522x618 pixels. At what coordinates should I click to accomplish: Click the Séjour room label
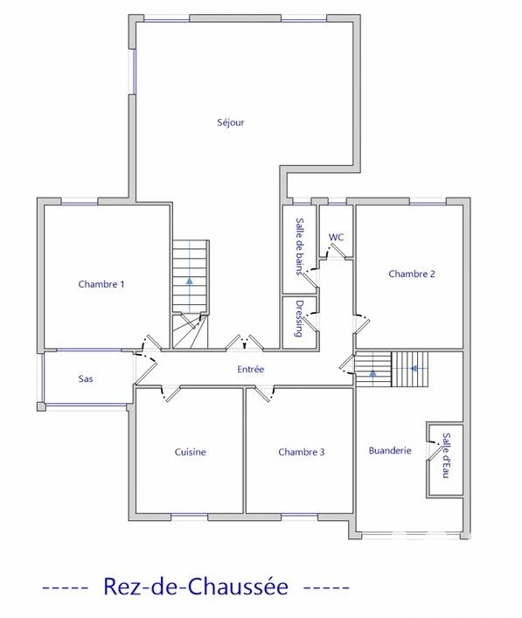tap(231, 122)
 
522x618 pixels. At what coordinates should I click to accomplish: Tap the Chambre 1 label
tap(101, 284)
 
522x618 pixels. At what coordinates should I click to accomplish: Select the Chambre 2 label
tap(412, 274)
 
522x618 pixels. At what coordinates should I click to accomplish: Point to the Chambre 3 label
tap(301, 452)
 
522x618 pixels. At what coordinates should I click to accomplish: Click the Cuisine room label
tap(190, 452)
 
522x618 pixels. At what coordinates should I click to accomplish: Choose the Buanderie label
tap(390, 450)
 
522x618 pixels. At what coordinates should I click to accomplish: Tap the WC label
tap(336, 237)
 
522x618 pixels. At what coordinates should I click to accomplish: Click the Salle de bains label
tap(300, 246)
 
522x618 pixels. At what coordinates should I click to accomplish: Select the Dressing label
tap(299, 319)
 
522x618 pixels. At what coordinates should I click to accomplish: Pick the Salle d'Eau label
tap(446, 455)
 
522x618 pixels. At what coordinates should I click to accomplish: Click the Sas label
tap(86, 378)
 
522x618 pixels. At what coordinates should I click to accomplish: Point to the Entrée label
tap(250, 369)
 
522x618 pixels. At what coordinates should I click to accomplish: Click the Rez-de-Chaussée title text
tap(196, 587)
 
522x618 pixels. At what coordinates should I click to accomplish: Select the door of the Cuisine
tap(172, 394)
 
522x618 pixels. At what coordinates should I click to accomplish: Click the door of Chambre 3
tap(263, 394)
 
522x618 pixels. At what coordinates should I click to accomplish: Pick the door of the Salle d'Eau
tap(434, 451)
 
